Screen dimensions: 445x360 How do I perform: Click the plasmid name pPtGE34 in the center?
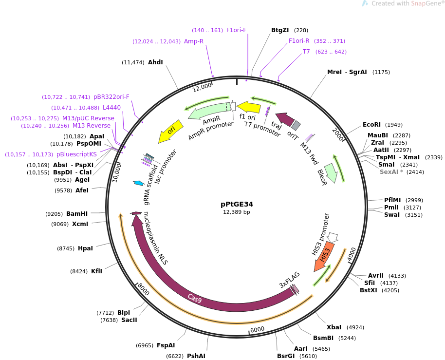point(237,204)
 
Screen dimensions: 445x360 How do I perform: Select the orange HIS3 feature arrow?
point(324,256)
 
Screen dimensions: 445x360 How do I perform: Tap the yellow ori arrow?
point(170,132)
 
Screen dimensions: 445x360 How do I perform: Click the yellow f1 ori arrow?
point(249,107)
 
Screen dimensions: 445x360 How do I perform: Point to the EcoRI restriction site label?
point(371,125)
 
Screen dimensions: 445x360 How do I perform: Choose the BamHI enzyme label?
point(77,214)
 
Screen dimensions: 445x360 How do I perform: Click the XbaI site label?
point(334,327)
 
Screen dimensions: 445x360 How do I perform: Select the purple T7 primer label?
point(306,52)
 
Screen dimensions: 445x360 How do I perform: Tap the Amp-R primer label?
point(194,41)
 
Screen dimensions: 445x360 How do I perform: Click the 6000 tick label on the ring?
point(257,329)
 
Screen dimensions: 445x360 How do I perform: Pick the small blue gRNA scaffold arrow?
point(138,183)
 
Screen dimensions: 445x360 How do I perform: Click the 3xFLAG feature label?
point(289,280)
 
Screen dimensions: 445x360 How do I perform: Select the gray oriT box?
point(296,125)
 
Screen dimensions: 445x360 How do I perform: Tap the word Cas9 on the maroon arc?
point(195,298)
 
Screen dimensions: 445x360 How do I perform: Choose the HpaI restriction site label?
point(85,248)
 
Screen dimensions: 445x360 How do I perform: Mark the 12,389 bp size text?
point(237,212)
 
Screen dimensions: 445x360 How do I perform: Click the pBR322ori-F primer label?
point(111,97)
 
